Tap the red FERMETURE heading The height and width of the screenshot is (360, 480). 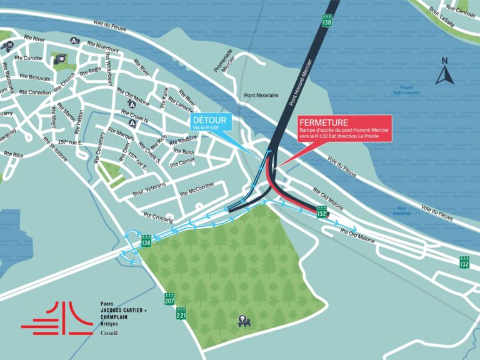click(x=323, y=122)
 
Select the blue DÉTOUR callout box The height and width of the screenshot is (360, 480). click(x=212, y=122)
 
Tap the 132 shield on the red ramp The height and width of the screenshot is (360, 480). click(x=321, y=213)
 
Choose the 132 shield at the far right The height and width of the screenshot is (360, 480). click(x=464, y=262)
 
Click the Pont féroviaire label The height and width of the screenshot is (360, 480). click(x=261, y=96)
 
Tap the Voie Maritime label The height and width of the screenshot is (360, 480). click(x=403, y=211)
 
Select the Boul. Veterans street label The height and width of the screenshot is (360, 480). click(x=149, y=193)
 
